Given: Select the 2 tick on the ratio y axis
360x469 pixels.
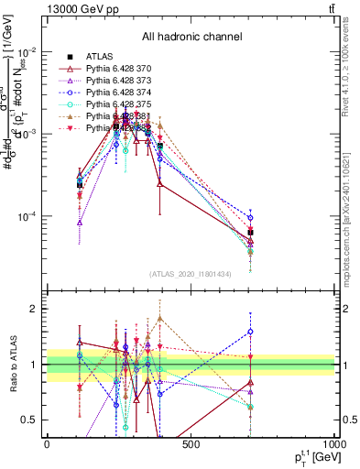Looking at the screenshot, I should [x=36, y=309].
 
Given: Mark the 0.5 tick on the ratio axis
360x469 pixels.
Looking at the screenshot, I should [x=32, y=420].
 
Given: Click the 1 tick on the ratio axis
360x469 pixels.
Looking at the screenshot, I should [x=36, y=365].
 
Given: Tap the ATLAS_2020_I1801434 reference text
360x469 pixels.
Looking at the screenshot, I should [x=191, y=275].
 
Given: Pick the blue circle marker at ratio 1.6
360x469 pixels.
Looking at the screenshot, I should [x=249, y=332].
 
